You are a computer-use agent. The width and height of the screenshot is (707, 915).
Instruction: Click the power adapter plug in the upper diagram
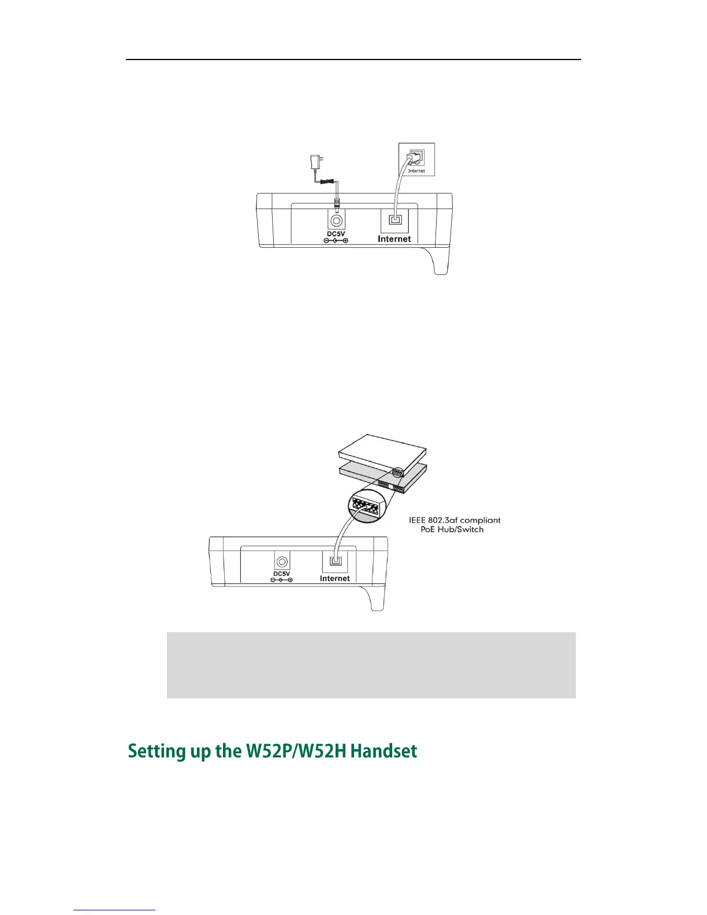coord(316,162)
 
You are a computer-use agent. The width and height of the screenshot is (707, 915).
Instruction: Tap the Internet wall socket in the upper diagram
coord(416,159)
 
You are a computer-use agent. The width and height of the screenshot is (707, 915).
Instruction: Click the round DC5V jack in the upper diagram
coord(336,220)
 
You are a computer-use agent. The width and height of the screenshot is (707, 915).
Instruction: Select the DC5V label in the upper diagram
coord(336,233)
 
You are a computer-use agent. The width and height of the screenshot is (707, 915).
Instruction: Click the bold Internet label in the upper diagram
coord(395,239)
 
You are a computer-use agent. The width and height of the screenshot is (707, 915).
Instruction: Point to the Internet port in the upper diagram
coord(395,220)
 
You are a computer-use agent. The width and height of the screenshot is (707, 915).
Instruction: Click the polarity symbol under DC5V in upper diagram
coord(336,240)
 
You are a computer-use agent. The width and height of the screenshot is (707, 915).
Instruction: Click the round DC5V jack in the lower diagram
coord(282,561)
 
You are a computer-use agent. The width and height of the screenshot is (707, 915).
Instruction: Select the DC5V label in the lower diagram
coord(282,574)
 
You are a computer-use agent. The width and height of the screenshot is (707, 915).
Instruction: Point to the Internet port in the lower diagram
coord(335,560)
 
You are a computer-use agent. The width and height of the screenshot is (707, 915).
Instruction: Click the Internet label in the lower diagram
coord(335,578)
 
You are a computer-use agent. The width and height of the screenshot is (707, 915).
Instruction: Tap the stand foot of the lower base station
coord(375,601)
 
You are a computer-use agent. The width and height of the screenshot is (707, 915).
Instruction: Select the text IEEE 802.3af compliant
coord(455,520)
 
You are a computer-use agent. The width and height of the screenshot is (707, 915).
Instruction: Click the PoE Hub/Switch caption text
coord(452,529)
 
